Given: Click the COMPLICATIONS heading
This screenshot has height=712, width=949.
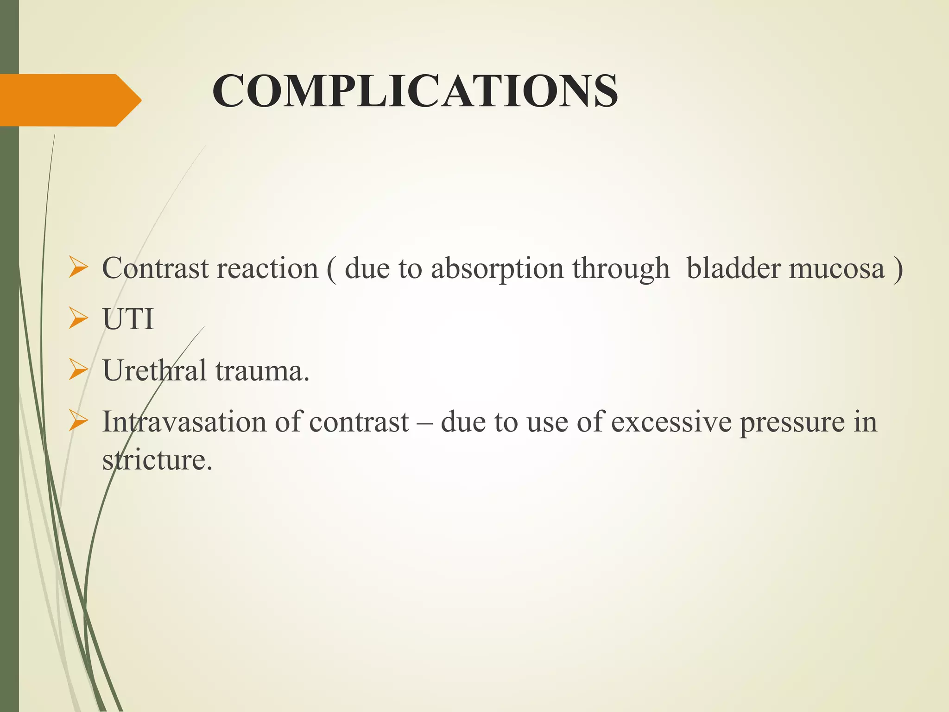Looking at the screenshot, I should [415, 91].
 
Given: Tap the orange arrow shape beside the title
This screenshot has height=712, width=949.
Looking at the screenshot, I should [70, 100].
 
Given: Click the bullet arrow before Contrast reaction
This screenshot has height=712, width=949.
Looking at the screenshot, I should [78, 268].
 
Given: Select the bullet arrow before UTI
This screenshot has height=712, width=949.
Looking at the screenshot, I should [78, 319].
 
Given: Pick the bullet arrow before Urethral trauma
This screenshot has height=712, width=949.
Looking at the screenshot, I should [78, 370].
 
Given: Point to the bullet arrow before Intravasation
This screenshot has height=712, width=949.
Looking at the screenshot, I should [78, 422].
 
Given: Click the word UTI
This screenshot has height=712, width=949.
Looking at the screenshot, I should [128, 319].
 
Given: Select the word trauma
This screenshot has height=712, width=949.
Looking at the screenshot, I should [262, 371].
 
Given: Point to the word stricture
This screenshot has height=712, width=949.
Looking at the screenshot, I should [157, 460].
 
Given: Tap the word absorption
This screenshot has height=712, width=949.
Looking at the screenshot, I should [497, 269].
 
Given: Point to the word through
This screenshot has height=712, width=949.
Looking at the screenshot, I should [621, 269].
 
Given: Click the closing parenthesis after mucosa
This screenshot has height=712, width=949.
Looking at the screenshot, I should [898, 269].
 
